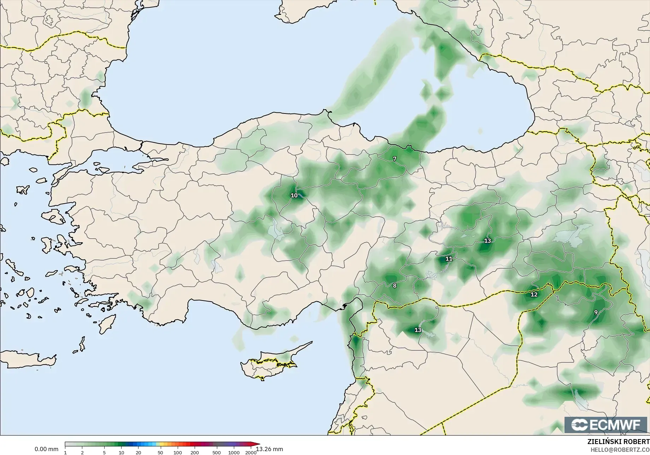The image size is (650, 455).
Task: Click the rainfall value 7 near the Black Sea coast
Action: pyautogui.click(x=395, y=159)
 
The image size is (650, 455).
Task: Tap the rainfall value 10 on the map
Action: pyautogui.click(x=294, y=195)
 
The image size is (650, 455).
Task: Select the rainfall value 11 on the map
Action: pyautogui.click(x=449, y=259)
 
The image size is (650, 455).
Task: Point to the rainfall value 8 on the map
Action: pyautogui.click(x=395, y=286)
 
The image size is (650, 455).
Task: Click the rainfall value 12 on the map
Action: pyautogui.click(x=534, y=294)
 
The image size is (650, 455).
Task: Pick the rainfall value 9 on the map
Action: pyautogui.click(x=596, y=312)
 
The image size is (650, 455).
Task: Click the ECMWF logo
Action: pyautogui.click(x=606, y=425)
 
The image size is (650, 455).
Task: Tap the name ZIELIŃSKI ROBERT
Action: pyautogui.click(x=618, y=442)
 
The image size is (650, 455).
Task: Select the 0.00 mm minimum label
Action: pyautogui.click(x=46, y=449)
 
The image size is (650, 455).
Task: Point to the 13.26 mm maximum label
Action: pyautogui.click(x=270, y=449)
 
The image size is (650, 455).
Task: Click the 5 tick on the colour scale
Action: pyautogui.click(x=104, y=452)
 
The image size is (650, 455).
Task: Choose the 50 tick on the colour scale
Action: pyautogui.click(x=160, y=452)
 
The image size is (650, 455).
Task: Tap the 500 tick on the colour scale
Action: pyautogui.click(x=217, y=452)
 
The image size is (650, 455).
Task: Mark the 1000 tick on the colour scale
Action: pyautogui.click(x=234, y=452)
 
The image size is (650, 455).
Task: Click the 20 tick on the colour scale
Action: pyautogui.click(x=138, y=452)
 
